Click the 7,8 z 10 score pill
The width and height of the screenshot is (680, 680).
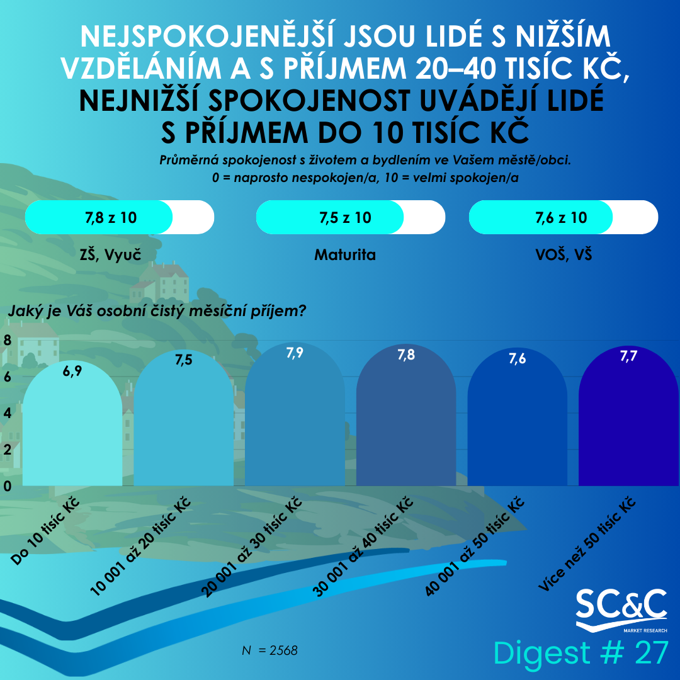click(x=119, y=218)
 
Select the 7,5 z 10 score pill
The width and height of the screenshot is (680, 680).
click(x=350, y=218)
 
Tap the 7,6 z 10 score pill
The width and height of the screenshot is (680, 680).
click(x=563, y=218)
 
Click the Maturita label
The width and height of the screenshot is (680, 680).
click(x=345, y=255)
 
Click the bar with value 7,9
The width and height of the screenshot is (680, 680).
click(x=295, y=422)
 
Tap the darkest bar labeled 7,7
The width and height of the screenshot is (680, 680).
click(x=628, y=422)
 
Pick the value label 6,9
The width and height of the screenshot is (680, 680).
click(x=72, y=371)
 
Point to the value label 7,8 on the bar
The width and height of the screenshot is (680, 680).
click(x=406, y=355)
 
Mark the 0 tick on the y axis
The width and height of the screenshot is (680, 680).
click(x=8, y=486)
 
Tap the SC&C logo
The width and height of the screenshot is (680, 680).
click(x=621, y=608)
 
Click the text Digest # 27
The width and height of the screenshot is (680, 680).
click(x=580, y=653)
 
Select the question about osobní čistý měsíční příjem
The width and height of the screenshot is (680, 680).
click(x=157, y=310)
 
